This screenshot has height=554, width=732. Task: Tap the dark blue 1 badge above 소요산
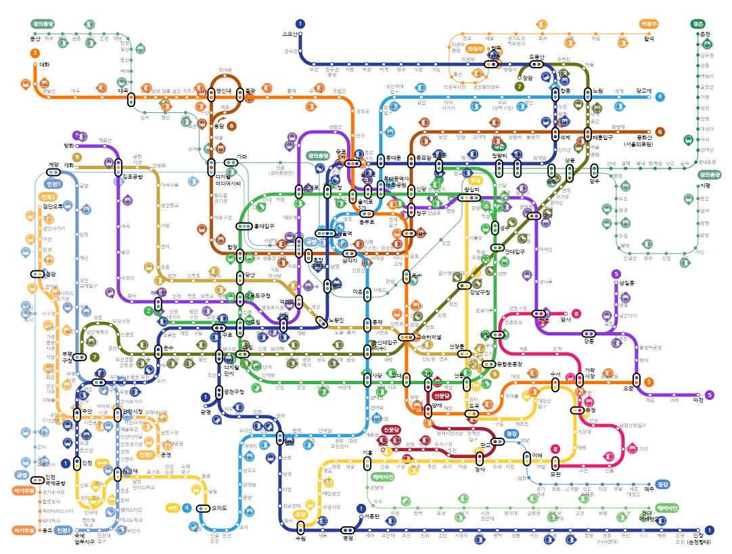point(300,24)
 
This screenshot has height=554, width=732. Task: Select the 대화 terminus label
point(45,65)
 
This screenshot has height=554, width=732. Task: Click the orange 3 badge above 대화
point(35,52)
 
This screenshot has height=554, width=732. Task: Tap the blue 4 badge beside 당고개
point(660,97)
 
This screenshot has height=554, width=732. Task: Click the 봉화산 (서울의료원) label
point(638,139)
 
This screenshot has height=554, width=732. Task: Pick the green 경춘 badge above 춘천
point(698,24)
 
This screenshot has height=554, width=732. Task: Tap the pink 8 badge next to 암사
point(576,313)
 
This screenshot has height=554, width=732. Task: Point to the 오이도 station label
point(220,508)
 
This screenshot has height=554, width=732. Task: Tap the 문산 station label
point(36,39)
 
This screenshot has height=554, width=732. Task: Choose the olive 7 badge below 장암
point(520,87)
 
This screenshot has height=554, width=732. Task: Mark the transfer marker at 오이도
point(202,508)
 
